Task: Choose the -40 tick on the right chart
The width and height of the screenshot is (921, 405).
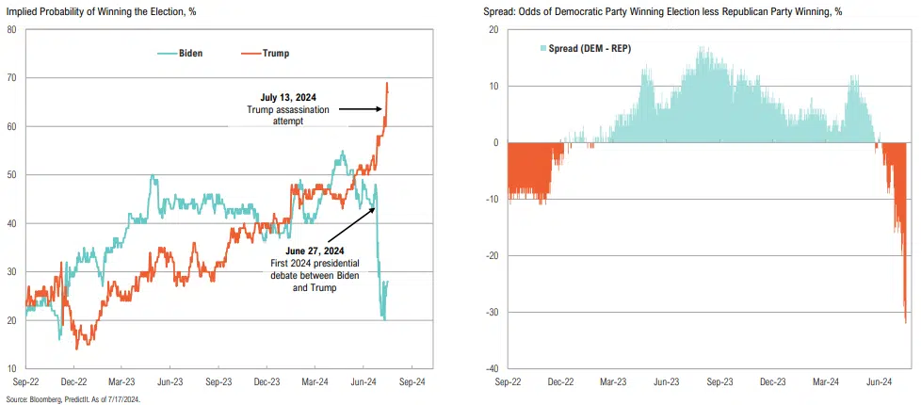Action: (x=491, y=368)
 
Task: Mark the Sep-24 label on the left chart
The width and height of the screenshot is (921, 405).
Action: (x=414, y=382)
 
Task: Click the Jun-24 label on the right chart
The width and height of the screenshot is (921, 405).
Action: (x=879, y=382)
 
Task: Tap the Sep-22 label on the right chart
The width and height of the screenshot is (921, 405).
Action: (x=508, y=382)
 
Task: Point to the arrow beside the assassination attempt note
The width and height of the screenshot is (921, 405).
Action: (x=360, y=109)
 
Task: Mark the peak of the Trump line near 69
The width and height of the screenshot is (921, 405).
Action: (x=387, y=83)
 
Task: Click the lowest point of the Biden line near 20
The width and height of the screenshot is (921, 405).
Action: (x=383, y=319)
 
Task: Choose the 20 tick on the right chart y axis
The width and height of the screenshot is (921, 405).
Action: (x=494, y=30)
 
